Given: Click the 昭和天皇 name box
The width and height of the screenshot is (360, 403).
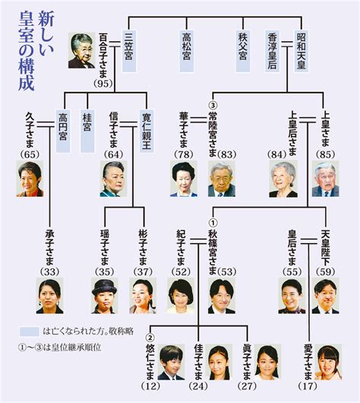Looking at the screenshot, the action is click(x=302, y=52).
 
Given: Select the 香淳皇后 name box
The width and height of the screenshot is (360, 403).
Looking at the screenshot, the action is click(x=273, y=52).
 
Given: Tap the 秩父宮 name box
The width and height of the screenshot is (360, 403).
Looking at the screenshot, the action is click(x=243, y=52).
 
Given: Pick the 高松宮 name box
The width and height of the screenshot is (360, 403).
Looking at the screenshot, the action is click(x=186, y=52).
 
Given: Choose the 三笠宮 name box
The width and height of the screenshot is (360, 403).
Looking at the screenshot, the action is click(x=128, y=52).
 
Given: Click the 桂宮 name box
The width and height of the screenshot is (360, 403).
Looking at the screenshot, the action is click(x=87, y=131).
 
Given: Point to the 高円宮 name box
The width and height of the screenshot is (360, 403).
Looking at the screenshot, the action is click(x=63, y=131).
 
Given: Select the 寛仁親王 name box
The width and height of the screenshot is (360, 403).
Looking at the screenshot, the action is click(x=147, y=131).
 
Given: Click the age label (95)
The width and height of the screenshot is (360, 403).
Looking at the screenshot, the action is click(x=103, y=84).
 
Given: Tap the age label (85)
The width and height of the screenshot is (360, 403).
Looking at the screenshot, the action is click(x=326, y=154).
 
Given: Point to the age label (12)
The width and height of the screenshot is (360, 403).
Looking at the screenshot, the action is click(x=151, y=386).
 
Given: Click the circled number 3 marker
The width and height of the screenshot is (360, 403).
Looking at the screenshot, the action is click(x=214, y=106).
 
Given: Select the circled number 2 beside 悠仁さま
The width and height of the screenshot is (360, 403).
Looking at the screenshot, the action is click(x=150, y=337).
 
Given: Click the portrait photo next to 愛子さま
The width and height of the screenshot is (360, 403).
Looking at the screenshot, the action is click(x=328, y=363).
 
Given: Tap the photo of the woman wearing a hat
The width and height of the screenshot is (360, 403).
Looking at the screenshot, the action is click(x=105, y=296).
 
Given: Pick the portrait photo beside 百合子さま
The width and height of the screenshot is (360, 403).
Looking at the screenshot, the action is click(x=82, y=50).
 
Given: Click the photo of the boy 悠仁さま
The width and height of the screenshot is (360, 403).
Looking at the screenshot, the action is click(x=171, y=363).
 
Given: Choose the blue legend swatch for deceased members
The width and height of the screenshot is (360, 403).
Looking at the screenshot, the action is click(x=30, y=332).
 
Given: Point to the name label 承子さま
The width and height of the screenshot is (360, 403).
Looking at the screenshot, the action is click(x=49, y=248).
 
